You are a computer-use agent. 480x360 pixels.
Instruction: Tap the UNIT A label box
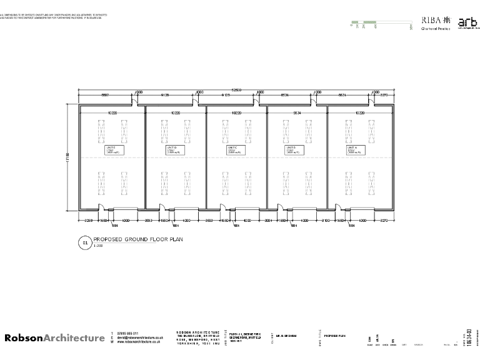356,150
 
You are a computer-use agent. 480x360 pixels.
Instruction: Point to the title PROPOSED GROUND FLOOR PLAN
138,239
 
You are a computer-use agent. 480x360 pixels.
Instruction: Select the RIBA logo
434,20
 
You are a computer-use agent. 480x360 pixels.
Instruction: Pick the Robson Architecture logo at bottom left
55,338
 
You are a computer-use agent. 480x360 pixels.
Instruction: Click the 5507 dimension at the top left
105,95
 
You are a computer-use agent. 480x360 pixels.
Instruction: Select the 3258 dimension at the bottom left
88,221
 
